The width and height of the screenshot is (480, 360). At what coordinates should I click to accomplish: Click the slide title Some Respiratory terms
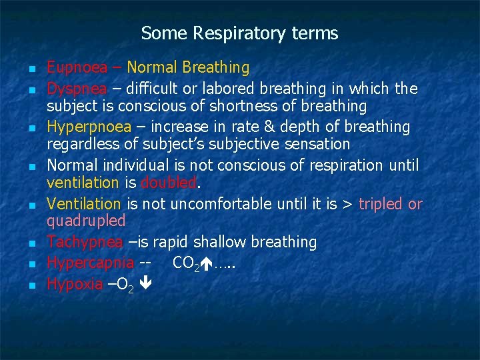tap(239, 33)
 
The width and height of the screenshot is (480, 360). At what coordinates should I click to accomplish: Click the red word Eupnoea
tap(73, 68)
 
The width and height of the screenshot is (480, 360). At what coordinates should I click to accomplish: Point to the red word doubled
tap(168, 183)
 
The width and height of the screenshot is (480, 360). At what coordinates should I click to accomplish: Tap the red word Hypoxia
tap(74, 284)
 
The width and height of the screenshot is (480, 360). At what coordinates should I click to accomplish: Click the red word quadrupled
tap(85, 220)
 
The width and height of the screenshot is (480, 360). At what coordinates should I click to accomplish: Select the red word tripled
tap(381, 203)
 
